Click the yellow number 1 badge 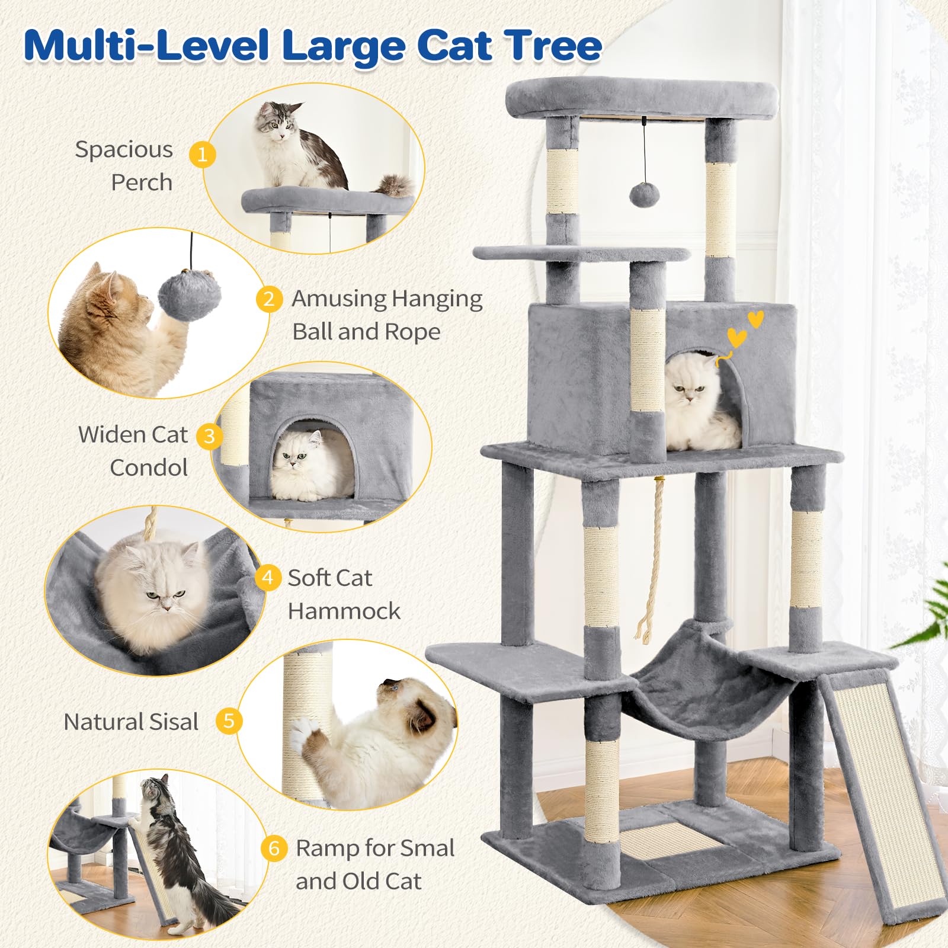click(x=203, y=155)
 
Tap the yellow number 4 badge click(x=268, y=577)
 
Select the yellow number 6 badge click(x=274, y=848)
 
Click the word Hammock click(x=344, y=611)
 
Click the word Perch click(x=142, y=182)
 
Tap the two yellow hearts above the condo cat click(x=745, y=329)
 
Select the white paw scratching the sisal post click(x=308, y=735)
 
